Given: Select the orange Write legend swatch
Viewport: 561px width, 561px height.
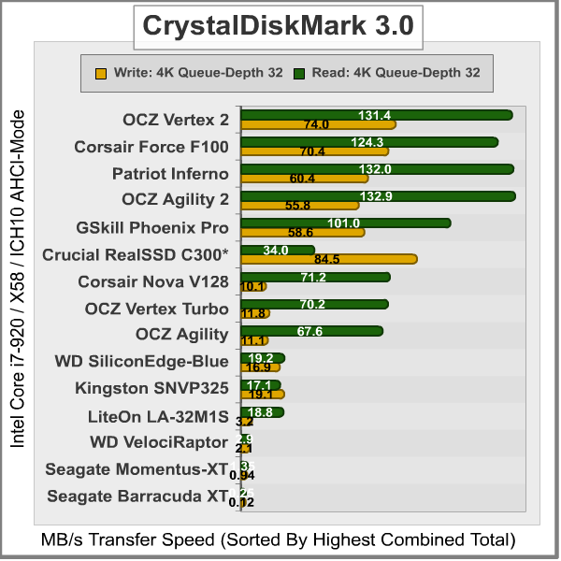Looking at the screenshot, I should point(101,72).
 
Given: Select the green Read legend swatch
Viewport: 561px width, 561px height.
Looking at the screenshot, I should point(299,72).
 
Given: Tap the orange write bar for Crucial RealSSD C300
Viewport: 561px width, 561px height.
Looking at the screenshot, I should point(328,259).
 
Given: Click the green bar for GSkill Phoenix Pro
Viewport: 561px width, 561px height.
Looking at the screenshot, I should point(345,223).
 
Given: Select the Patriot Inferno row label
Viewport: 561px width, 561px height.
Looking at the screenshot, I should point(170,174).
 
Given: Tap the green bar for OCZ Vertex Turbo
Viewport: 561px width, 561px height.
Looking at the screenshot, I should point(314,304).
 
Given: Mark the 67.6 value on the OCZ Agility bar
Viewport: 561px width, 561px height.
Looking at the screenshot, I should point(312,331).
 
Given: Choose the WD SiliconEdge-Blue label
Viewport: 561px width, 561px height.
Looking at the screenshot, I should point(142,361).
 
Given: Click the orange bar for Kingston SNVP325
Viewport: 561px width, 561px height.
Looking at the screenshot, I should point(262,395).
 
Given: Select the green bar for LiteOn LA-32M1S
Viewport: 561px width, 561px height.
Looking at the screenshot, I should point(262,412).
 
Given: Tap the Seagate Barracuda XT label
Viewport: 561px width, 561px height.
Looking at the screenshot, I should point(137,496).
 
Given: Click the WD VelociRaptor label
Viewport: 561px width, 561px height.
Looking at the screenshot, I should point(159,441).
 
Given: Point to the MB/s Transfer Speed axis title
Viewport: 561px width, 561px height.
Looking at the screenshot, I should point(278,539).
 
